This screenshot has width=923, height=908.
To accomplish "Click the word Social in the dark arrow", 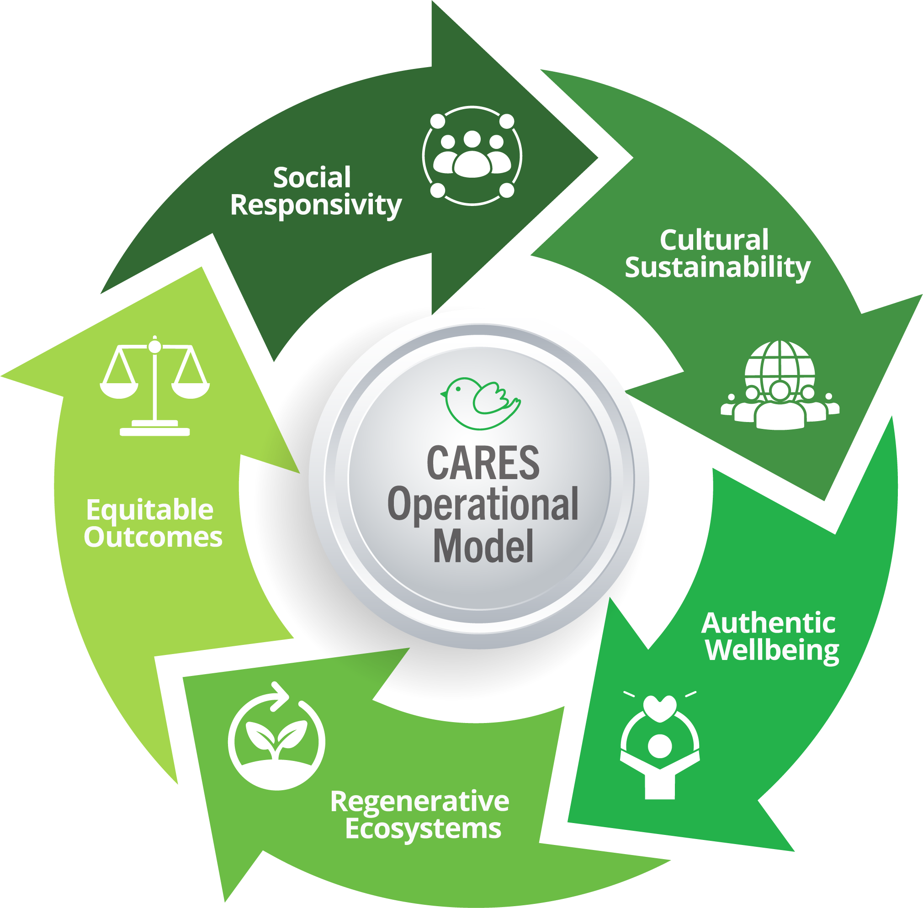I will [x=312, y=178].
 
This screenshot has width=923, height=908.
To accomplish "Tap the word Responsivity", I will [x=315, y=205].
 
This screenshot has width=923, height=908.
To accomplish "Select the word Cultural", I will [x=714, y=240].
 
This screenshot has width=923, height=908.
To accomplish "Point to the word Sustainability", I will [x=717, y=267].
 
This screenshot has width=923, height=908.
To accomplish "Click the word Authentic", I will [x=768, y=623].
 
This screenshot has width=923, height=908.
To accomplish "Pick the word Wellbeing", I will [x=772, y=650].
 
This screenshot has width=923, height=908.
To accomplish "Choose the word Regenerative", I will [x=420, y=801].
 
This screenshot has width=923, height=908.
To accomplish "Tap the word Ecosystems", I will [x=423, y=829].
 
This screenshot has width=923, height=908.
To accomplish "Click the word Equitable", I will [x=150, y=510].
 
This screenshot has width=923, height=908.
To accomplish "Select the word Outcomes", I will [x=153, y=537].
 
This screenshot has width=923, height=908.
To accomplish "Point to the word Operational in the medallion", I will [x=483, y=504].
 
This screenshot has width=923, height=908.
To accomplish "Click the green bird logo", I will [x=480, y=403].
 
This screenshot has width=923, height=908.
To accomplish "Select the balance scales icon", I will [x=154, y=386].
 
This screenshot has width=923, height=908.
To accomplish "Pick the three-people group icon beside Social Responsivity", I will [x=472, y=155].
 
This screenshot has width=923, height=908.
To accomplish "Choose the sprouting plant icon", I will [x=276, y=741].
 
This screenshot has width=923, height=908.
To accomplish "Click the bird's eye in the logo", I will [x=458, y=389].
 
